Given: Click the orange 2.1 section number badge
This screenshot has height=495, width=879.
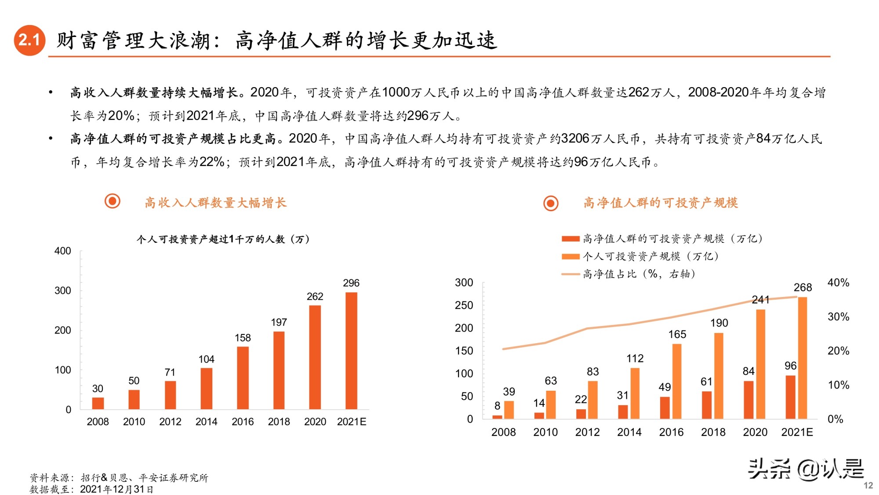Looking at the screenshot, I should coord(29,40).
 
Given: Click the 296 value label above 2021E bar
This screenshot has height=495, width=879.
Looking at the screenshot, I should coord(351,283).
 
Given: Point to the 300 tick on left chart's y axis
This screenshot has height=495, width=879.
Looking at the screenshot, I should coord(62,290).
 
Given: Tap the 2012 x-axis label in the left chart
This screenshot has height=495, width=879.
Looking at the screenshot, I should coord(170,422).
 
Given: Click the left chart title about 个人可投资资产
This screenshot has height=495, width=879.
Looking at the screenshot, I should coord(223,239).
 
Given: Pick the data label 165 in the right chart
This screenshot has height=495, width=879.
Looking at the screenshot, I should coord(677,334).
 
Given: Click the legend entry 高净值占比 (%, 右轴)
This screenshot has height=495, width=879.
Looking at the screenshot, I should coord(628,274).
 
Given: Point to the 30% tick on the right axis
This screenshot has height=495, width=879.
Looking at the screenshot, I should coord(838,317).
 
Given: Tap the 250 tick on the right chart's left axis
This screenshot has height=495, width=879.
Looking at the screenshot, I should coord(464,305).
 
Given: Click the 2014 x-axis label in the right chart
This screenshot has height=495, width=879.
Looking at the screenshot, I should coord(629,432).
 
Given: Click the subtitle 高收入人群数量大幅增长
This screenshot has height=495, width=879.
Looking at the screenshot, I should coord(215,202).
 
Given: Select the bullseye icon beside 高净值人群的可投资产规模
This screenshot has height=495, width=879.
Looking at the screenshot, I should coord(551,203).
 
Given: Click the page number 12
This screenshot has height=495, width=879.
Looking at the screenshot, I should coord(868,485).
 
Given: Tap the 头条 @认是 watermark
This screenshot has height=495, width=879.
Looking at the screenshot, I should coord(806,469).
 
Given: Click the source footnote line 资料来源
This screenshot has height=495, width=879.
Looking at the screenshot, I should coord(119,478).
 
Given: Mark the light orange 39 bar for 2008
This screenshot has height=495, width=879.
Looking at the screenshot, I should coord(509,410).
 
